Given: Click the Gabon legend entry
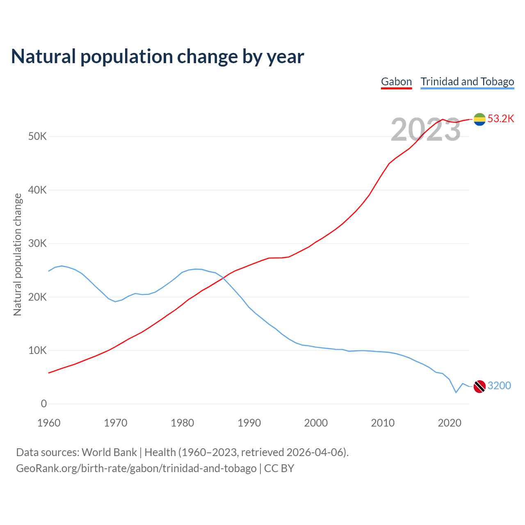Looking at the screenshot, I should pyautogui.click(x=396, y=82).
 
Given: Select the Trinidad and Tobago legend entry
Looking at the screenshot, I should pyautogui.click(x=467, y=82).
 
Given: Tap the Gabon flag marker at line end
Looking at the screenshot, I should pyautogui.click(x=479, y=119).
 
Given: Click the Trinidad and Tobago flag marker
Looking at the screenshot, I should pyautogui.click(x=479, y=386).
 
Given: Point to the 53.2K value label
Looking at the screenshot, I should pyautogui.click(x=501, y=119).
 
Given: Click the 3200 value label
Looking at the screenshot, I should pyautogui.click(x=499, y=386).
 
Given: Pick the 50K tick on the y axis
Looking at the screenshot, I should pyautogui.click(x=38, y=137).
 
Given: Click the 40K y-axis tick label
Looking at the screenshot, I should pyautogui.click(x=38, y=190).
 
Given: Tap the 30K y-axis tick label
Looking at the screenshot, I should pyautogui.click(x=38, y=244).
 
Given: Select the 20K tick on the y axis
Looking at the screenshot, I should pyautogui.click(x=38, y=297).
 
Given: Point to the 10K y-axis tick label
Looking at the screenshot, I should pyautogui.click(x=38, y=351).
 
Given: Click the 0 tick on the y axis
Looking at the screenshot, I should pyautogui.click(x=44, y=404).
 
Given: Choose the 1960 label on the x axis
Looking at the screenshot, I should pyautogui.click(x=49, y=423).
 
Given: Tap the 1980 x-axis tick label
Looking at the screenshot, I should pyautogui.click(x=183, y=423).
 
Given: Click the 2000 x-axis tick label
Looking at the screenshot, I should pyautogui.click(x=316, y=423).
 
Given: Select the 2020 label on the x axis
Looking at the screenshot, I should pyautogui.click(x=450, y=423).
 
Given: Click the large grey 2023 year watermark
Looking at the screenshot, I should pyautogui.click(x=426, y=130).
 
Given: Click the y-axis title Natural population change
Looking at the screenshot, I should pyautogui.click(x=18, y=255).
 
